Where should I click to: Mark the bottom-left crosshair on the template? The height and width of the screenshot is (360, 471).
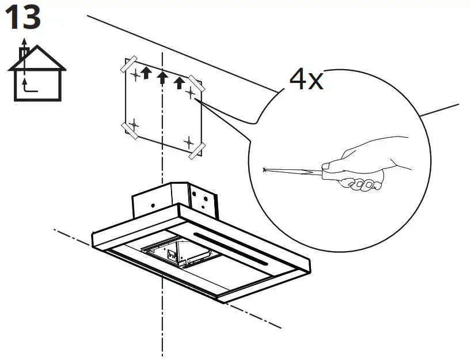(133, 124)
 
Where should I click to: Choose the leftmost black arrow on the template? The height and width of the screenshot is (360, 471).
(146, 73)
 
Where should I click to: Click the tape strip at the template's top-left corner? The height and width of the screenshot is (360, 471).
(128, 63)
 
